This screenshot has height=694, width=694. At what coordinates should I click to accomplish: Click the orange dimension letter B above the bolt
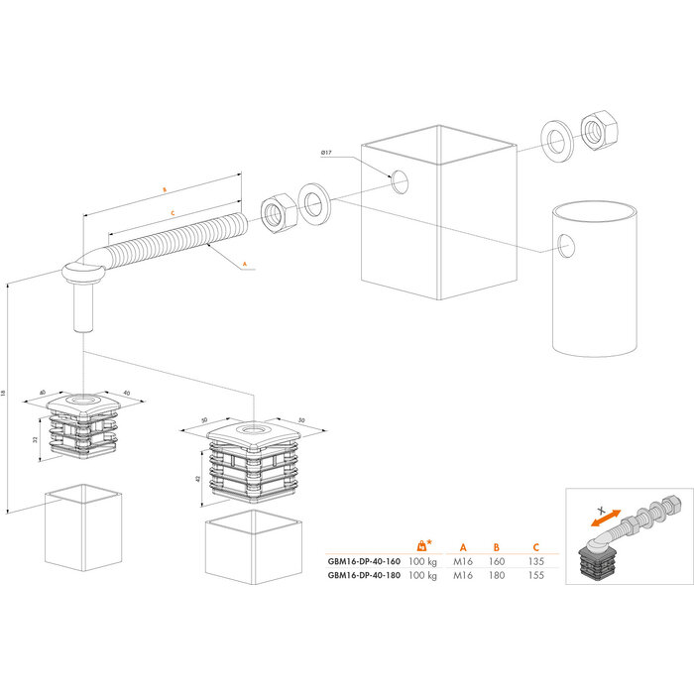[164, 187]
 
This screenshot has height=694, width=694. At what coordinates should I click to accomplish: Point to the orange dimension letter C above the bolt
[173, 213]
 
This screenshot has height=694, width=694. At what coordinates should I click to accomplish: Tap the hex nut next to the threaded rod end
[275, 212]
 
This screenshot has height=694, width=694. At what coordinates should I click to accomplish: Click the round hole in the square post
[400, 181]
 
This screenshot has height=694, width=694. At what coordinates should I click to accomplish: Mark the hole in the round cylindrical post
[566, 244]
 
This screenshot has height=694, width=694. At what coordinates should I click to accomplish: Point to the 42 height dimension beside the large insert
[197, 478]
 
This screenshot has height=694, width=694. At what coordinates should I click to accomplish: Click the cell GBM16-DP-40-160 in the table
[364, 560]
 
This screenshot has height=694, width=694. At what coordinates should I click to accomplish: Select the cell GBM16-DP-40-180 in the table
[364, 575]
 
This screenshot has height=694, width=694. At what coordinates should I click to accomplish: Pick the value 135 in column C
[536, 560]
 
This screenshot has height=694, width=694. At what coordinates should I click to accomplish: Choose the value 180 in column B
[497, 575]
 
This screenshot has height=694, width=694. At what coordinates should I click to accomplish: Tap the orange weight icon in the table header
[423, 544]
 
